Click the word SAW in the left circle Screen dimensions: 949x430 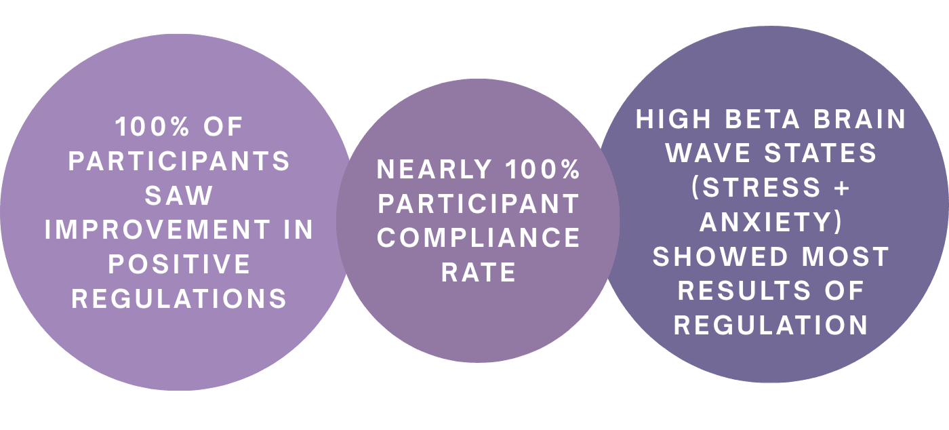point(179,195)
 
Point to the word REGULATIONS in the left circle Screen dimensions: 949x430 point(180,299)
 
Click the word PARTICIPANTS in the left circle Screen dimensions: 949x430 point(180,161)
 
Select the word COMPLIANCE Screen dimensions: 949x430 point(479,238)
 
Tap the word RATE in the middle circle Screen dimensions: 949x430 point(479,272)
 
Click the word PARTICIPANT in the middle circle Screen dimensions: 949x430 point(479,204)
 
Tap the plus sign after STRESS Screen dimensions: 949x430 point(841,188)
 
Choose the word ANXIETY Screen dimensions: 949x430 point(771,222)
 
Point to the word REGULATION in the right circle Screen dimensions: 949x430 point(771,326)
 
